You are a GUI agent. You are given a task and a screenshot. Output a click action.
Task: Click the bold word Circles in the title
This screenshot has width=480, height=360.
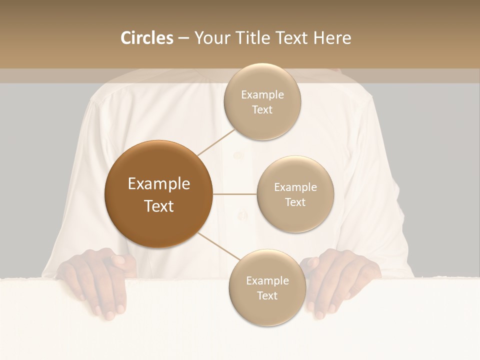point(146,38)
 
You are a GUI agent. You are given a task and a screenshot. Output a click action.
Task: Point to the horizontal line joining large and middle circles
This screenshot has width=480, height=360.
point(235,194)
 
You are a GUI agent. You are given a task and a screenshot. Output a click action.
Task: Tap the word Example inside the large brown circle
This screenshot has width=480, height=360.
point(159,184)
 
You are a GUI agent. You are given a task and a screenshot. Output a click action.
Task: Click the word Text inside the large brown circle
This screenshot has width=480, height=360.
point(159,205)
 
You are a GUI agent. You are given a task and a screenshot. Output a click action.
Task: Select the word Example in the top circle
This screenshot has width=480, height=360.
point(262,95)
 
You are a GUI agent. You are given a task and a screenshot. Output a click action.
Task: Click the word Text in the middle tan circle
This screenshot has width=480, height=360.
point(295,202)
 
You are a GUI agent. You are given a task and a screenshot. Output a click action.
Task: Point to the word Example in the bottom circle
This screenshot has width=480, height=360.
point(267,280)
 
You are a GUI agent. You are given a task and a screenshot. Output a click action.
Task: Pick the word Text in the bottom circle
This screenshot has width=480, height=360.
point(267,295)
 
